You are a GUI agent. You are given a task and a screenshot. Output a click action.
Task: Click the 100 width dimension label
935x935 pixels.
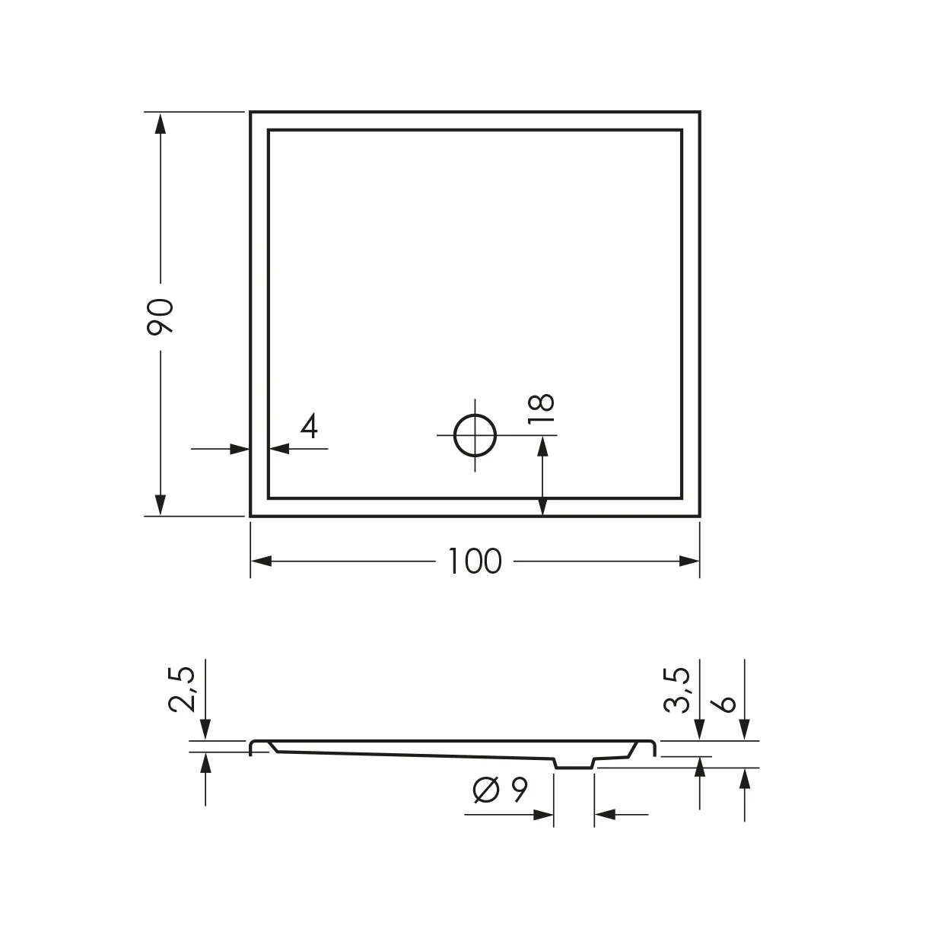click(x=473, y=561)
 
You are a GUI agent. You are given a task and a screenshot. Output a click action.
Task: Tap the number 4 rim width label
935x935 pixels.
click(x=308, y=427)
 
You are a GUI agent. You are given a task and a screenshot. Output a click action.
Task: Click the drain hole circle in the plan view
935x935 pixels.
click(x=475, y=436)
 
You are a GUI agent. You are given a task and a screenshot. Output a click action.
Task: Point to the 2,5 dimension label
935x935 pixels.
click(x=183, y=689)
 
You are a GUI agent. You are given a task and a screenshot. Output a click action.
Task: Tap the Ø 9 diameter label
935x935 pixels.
click(x=500, y=791)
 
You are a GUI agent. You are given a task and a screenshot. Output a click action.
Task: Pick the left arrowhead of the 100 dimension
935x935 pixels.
click(x=261, y=561)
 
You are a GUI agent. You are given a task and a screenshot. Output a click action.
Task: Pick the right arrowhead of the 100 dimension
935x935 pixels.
click(x=689, y=561)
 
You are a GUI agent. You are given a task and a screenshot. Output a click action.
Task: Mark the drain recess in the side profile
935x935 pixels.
click(x=574, y=763)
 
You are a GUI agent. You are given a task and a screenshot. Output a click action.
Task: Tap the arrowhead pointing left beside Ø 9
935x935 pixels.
click(x=604, y=815)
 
